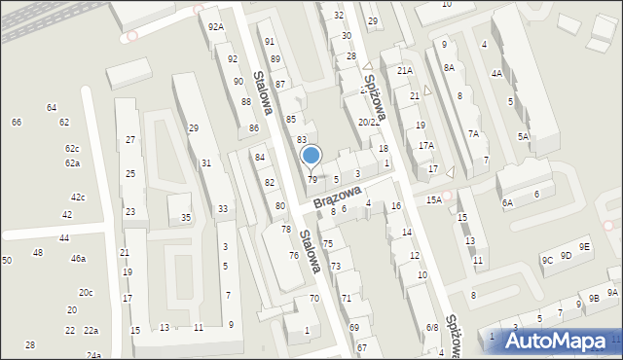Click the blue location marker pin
click(x=311, y=156)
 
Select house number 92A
click(x=216, y=27)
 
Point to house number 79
click(x=312, y=180)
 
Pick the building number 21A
click(x=405, y=71)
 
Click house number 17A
click(x=426, y=146)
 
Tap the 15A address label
click(x=433, y=199)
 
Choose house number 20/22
click(x=369, y=123)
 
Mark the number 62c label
click(x=72, y=149)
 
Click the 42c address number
click(x=78, y=198)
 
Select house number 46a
click(x=78, y=259)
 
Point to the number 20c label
click(x=86, y=293)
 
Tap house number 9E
click(x=583, y=247)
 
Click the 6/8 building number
click(x=431, y=328)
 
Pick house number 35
click(x=186, y=218)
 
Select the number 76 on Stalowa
click(x=293, y=256)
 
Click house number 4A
click(x=496, y=74)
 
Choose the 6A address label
click(x=507, y=203)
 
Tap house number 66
click(x=17, y=123)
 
